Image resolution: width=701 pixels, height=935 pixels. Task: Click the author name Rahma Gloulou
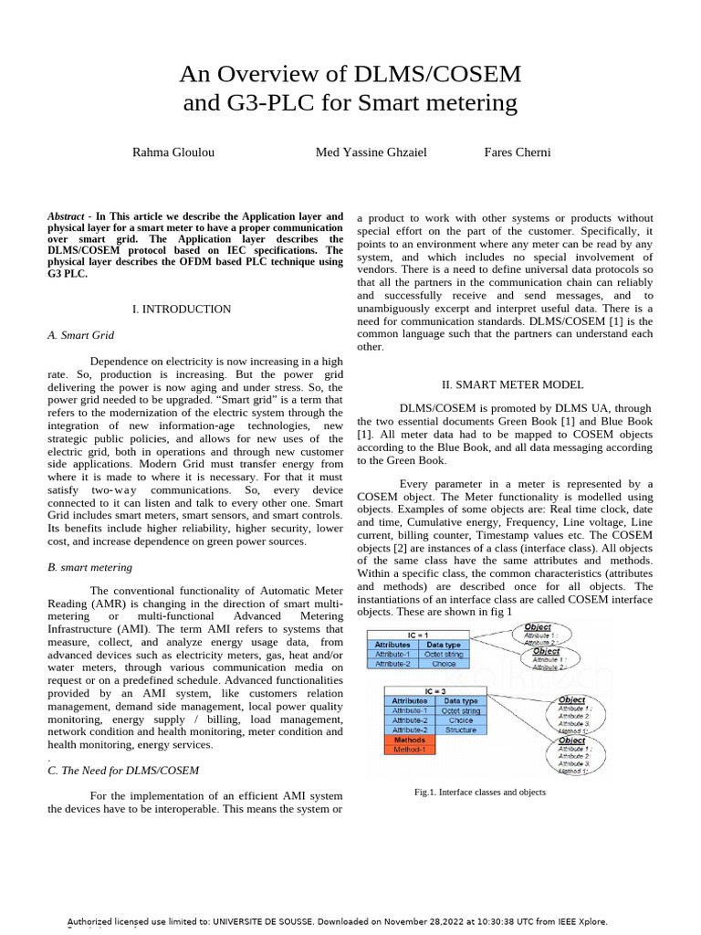click(173, 152)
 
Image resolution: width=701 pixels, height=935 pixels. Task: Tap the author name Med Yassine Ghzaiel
click(371, 152)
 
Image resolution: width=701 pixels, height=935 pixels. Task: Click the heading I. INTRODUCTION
click(182, 310)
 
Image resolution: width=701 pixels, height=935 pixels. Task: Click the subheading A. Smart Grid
click(78, 335)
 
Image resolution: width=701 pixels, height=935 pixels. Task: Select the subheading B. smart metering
click(89, 567)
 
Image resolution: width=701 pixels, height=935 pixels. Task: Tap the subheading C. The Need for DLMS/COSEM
click(122, 771)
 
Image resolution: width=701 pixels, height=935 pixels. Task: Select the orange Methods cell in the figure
click(410, 740)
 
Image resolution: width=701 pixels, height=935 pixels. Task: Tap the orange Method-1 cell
click(410, 750)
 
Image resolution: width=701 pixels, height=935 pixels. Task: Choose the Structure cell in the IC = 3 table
click(461, 730)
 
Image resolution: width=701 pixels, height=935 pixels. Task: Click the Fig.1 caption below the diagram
click(480, 793)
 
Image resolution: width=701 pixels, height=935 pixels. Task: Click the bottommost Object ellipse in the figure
click(580, 755)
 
